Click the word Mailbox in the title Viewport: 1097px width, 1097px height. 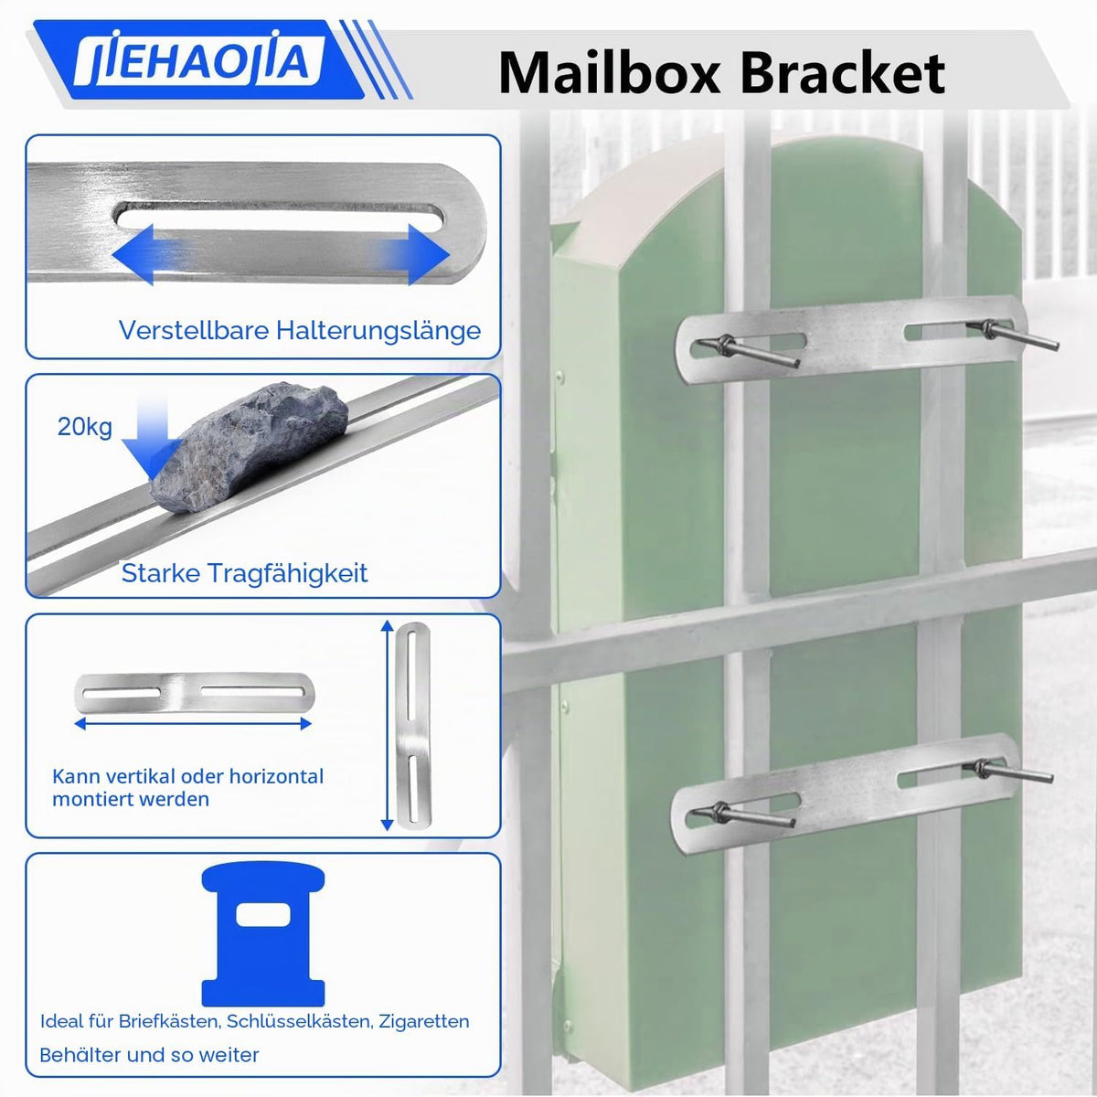(609, 73)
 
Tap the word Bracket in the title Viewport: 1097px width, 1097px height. (843, 73)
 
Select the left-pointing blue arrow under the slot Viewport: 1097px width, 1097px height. (149, 254)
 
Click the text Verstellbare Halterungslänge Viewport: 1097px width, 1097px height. (300, 330)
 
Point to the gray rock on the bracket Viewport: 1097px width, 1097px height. (249, 447)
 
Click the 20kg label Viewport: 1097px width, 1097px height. (85, 427)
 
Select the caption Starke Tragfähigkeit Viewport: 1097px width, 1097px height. (245, 573)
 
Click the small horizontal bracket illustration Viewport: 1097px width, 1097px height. (194, 693)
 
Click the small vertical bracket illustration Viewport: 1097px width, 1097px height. (412, 725)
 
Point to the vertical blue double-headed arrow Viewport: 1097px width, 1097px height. (387, 725)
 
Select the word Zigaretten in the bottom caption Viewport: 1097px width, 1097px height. (423, 1021)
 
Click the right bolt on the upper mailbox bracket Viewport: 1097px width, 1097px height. (1012, 335)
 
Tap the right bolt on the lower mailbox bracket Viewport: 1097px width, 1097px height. (1007, 771)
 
